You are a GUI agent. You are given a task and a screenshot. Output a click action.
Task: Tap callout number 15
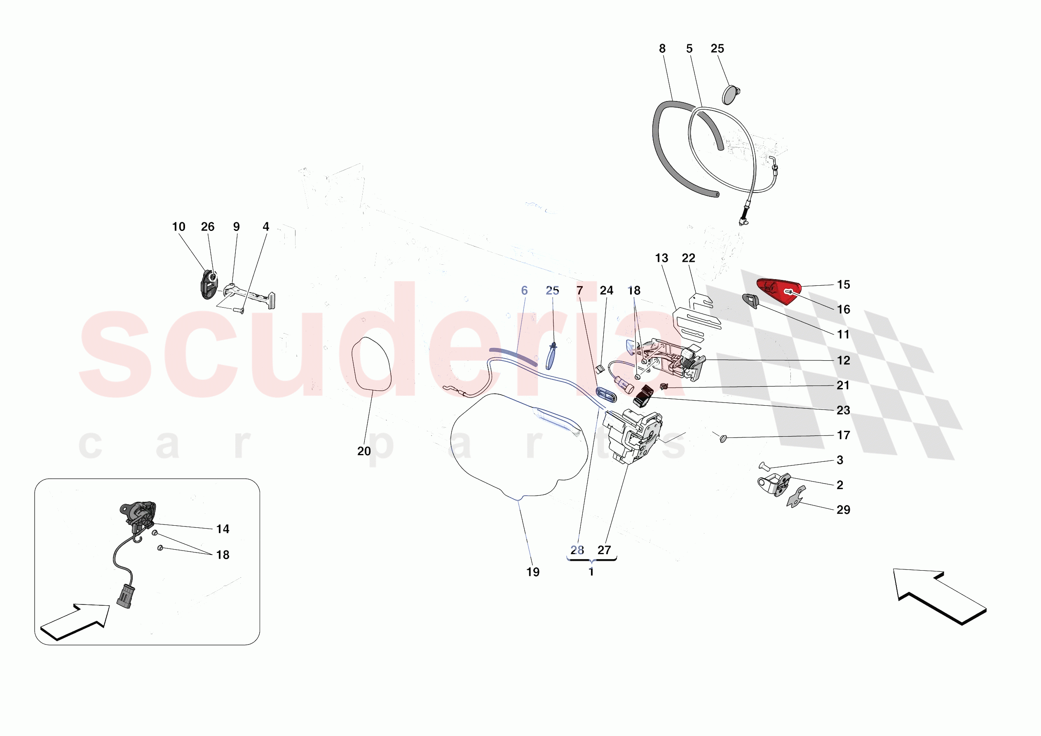843,285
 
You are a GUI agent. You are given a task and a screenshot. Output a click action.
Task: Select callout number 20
363,451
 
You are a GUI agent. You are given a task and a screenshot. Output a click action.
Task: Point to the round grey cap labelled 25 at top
729,95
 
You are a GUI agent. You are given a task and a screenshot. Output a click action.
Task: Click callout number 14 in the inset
223,529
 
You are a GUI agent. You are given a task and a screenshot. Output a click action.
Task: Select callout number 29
843,510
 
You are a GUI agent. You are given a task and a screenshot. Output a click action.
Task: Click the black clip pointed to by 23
642,396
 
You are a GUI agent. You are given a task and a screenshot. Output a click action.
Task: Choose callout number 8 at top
662,49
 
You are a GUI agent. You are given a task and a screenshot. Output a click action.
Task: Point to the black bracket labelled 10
208,285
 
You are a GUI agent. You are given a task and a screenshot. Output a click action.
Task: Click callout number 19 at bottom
533,572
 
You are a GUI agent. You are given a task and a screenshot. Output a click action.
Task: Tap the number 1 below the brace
591,572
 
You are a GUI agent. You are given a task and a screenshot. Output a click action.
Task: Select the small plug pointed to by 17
723,438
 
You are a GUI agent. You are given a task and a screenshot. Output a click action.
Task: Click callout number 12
843,360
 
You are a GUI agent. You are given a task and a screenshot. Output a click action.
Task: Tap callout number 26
208,227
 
